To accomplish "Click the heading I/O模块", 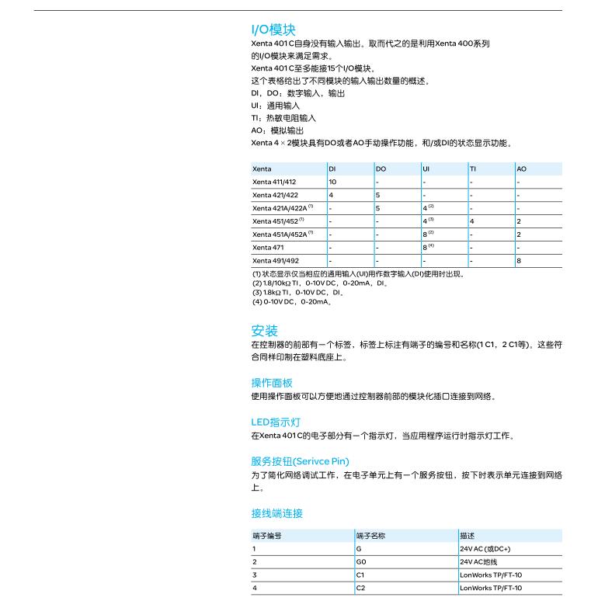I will point(273,30).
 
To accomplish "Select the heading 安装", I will point(264,330).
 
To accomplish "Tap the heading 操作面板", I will point(272,383).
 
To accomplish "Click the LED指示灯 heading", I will point(276,422).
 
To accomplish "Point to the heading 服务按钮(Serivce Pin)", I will point(300,461).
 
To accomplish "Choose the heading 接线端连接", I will point(277,513).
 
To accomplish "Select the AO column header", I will point(521,168).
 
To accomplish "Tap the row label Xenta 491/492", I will point(275,261).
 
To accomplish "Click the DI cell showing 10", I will point(332,182).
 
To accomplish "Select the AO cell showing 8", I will point(519,261).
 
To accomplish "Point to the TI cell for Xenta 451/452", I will point(472,221).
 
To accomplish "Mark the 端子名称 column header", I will point(371,536).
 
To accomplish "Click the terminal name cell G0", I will point(360,561).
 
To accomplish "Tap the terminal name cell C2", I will point(360,588).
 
